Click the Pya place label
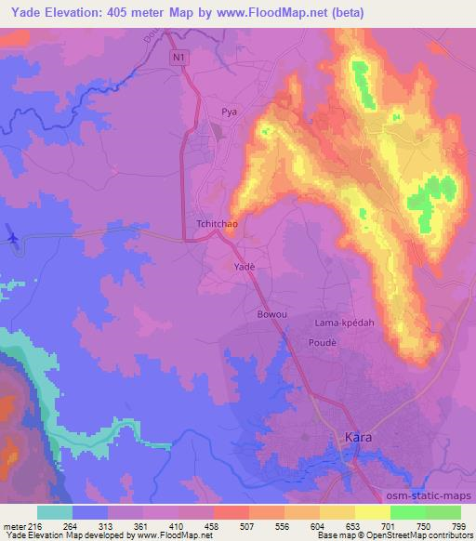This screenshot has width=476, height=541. (x=229, y=112)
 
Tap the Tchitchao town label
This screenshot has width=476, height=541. (x=218, y=225)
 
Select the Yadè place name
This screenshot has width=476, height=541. (x=243, y=266)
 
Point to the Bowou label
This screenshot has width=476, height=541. (x=271, y=314)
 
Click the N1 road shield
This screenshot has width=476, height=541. (x=179, y=58)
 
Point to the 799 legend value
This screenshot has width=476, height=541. (x=459, y=525)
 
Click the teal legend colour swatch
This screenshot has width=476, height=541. (x=55, y=512)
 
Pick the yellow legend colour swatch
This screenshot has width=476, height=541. (x=372, y=512)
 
